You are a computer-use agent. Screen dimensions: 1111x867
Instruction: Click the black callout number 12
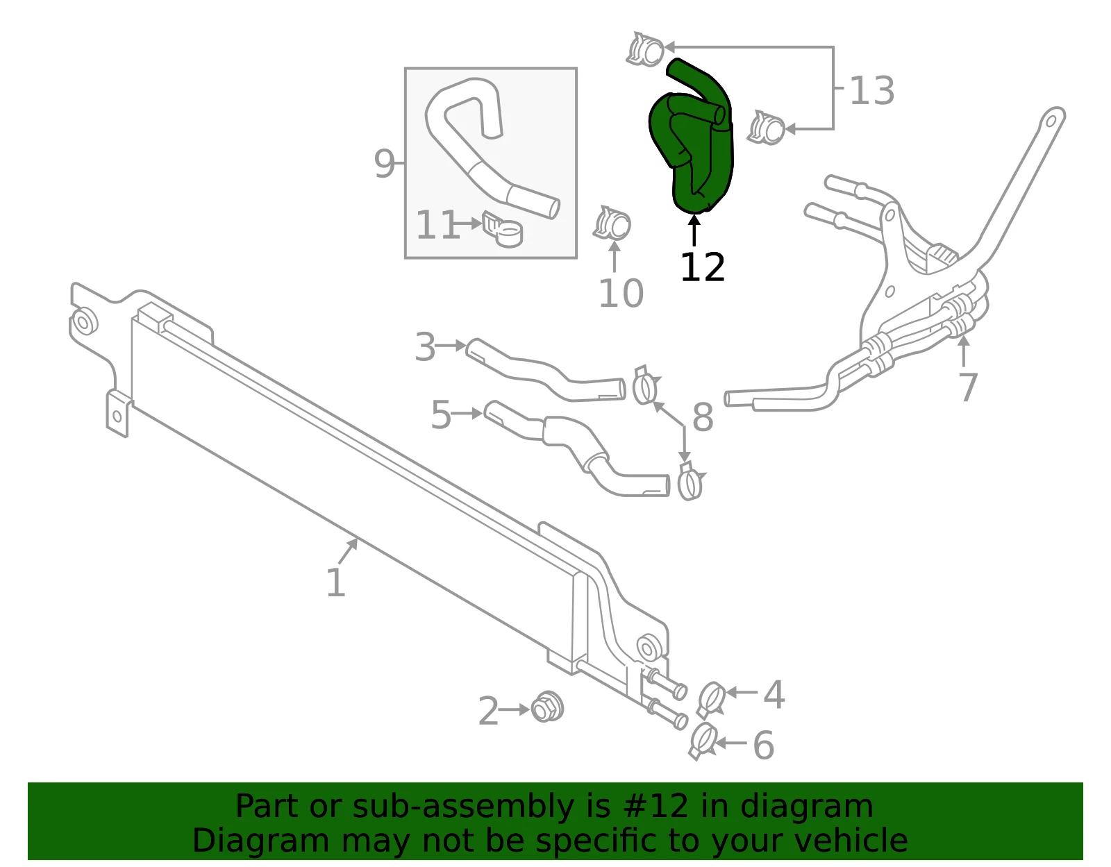[703, 267]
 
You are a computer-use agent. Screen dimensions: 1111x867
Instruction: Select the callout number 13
[871, 91]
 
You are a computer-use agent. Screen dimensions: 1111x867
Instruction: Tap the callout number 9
[384, 164]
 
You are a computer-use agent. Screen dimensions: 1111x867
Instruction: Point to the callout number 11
[437, 224]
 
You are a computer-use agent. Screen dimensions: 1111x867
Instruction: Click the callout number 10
[621, 293]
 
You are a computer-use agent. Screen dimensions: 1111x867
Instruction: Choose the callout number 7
[968, 387]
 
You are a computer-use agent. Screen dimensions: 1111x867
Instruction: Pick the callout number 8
[703, 417]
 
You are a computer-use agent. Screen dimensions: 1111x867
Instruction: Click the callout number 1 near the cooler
[335, 582]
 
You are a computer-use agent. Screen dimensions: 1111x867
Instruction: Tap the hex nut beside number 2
[547, 707]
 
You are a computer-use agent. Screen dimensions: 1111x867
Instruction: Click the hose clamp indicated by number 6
[703, 741]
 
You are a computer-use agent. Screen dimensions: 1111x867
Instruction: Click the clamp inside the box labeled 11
[503, 229]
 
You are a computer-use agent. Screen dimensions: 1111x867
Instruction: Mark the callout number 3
[425, 347]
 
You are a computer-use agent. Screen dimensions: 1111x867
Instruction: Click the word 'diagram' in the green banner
[806, 807]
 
